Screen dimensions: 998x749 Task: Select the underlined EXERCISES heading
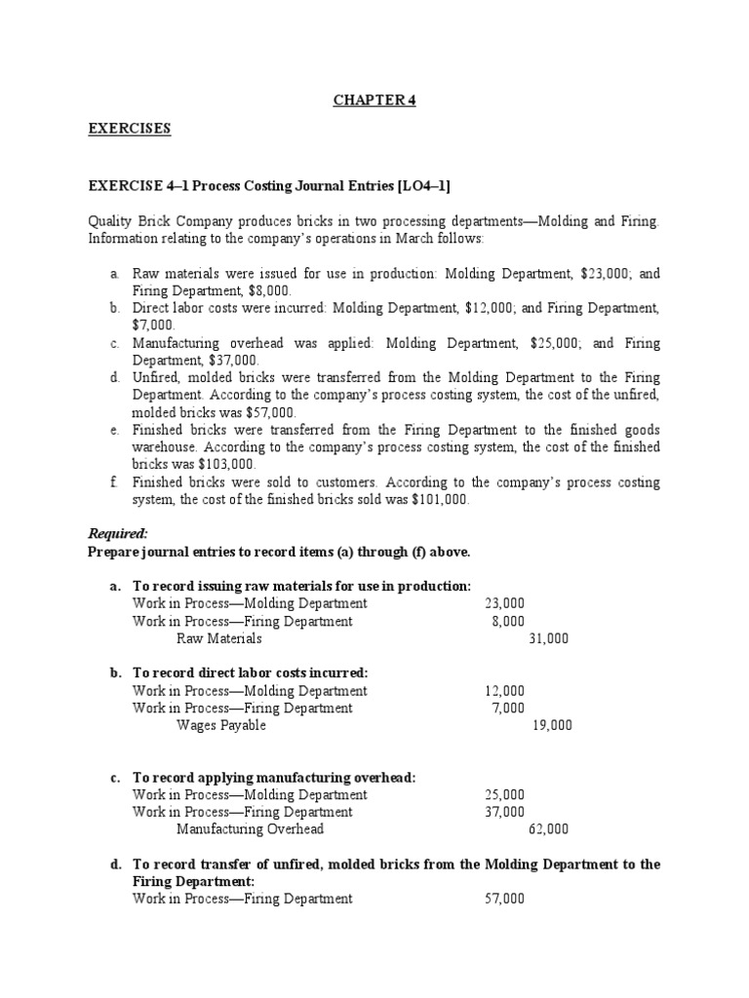tap(130, 129)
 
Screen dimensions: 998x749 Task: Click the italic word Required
tap(118, 533)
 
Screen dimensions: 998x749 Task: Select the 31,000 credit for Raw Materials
tap(548, 639)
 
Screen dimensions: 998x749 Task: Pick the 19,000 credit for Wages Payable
tap(552, 725)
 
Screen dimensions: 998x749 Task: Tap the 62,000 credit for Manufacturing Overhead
tap(548, 829)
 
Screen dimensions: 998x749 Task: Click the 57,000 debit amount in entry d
tap(504, 899)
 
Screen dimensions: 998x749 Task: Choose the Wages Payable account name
tap(220, 725)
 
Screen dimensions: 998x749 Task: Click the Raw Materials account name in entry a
tap(219, 639)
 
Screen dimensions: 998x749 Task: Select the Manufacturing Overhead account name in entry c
tap(250, 829)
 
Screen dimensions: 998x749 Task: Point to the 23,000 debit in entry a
tap(504, 603)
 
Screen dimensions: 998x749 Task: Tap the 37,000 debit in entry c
tap(504, 812)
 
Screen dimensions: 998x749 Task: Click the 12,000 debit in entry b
tap(504, 691)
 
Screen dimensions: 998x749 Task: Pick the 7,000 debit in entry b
tap(508, 708)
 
